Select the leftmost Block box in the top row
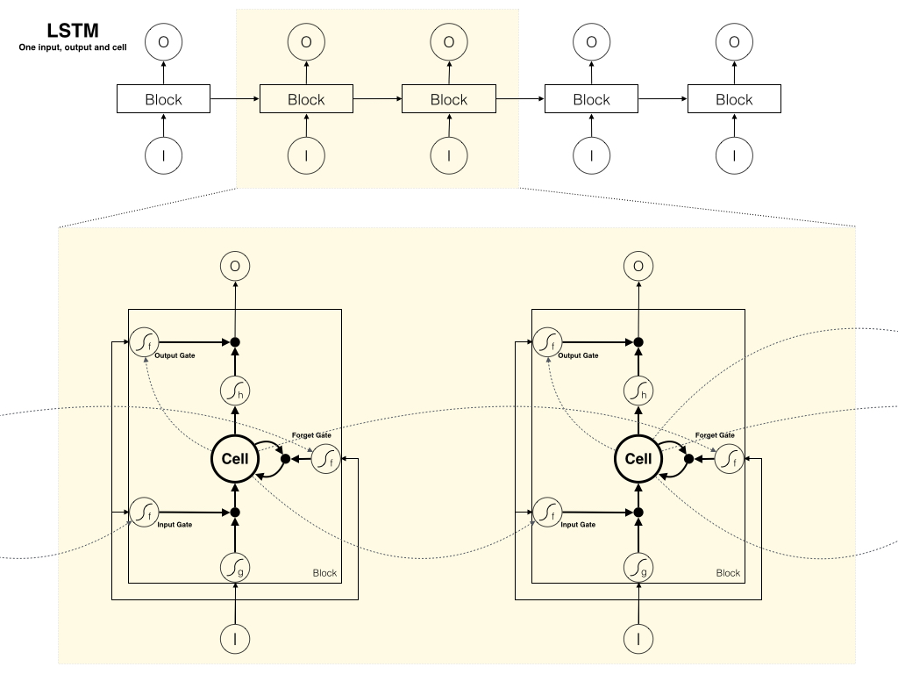pos(163,99)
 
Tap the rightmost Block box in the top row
pos(734,99)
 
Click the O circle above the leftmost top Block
pos(163,41)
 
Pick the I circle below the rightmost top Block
pos(734,155)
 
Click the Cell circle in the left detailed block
pos(235,458)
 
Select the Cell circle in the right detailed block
pos(638,458)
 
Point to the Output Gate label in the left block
pos(175,355)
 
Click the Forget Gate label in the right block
pos(715,434)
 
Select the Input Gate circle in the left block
pos(143,510)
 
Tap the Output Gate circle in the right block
pos(547,341)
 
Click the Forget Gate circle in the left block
pos(326,458)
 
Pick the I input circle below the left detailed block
pos(235,636)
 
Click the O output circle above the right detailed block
pos(638,266)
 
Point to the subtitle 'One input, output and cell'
pos(73,47)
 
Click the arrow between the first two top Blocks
pos(235,99)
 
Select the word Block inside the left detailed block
pos(324,573)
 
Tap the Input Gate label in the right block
pos(577,524)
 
